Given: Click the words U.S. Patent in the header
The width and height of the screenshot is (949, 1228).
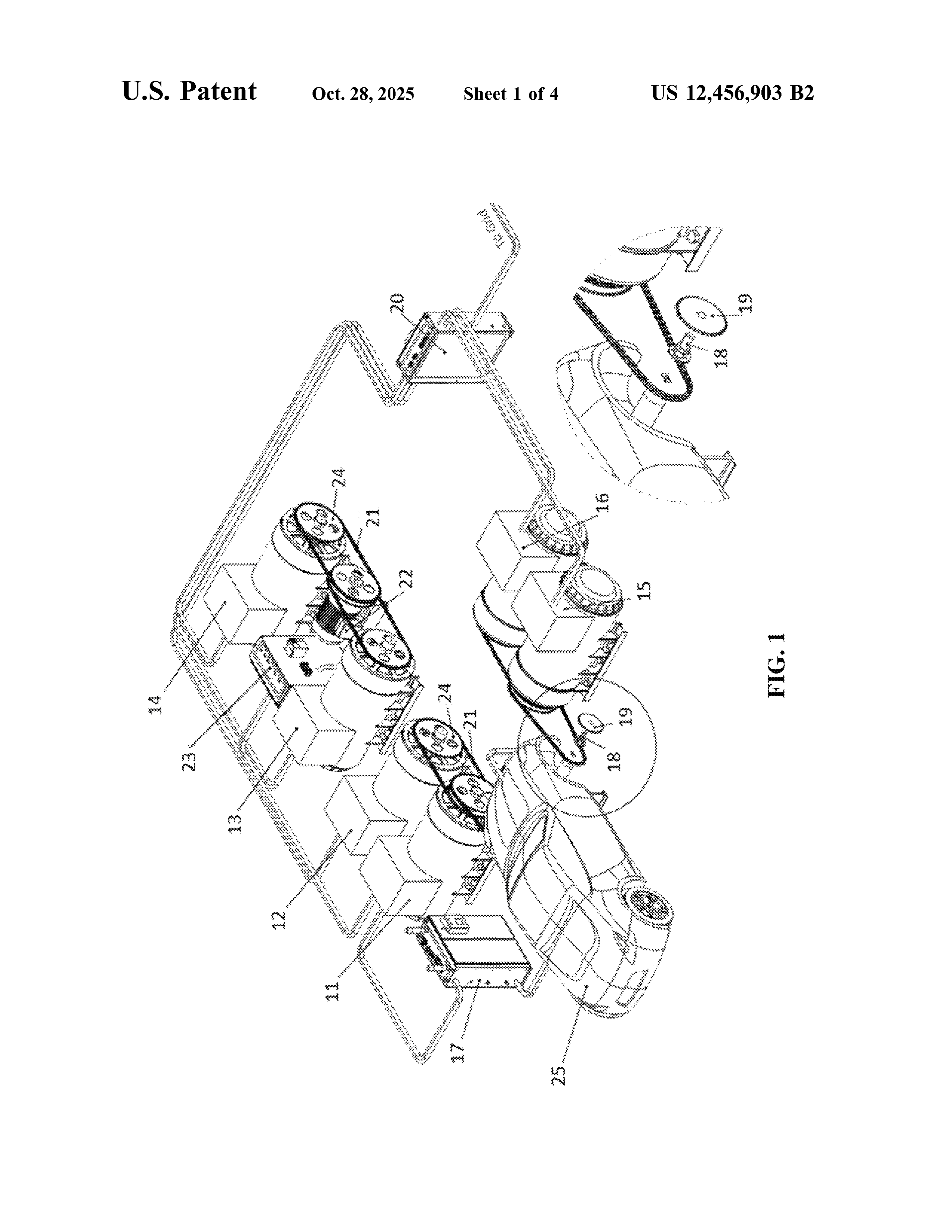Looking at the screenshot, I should [189, 91].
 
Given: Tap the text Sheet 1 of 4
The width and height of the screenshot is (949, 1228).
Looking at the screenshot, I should [511, 93].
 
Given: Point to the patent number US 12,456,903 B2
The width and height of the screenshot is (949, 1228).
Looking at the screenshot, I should [732, 93].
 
